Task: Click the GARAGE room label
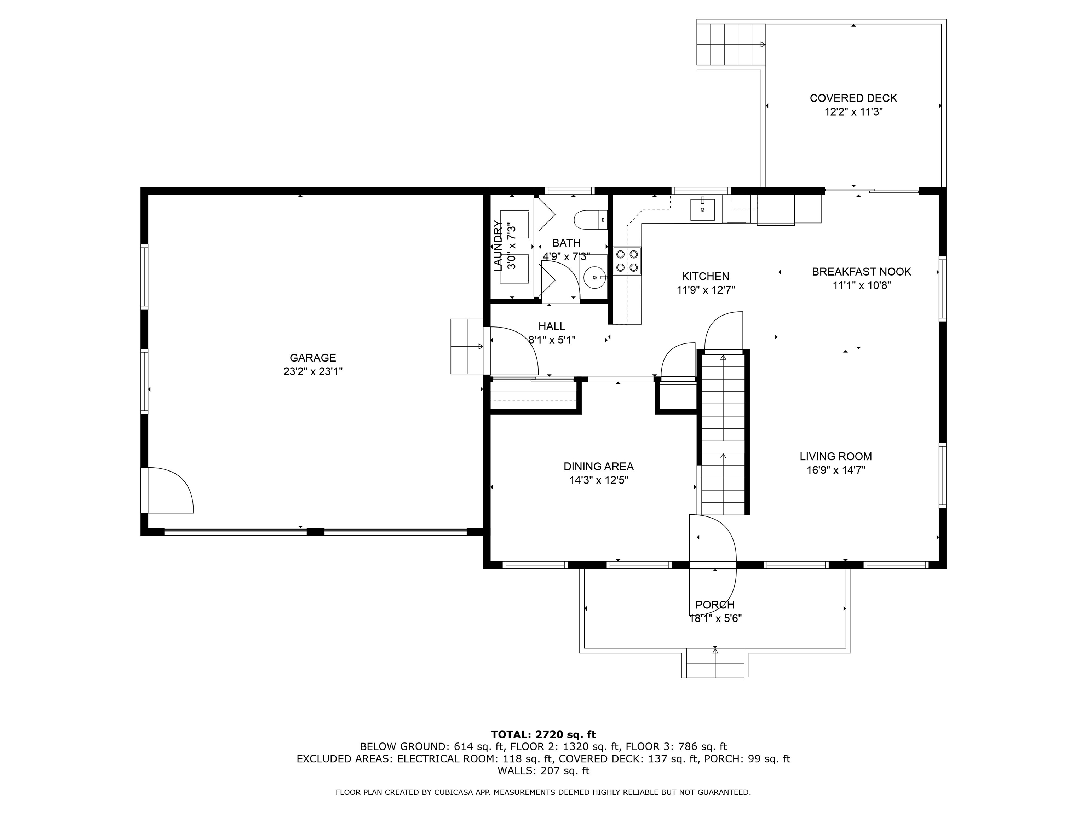coord(312,358)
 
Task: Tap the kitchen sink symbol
coord(702,209)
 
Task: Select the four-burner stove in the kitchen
coord(627,261)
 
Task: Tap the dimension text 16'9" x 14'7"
coord(835,470)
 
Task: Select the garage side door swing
coord(168,490)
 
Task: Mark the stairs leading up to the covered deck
coord(731,44)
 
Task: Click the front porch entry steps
coord(715,663)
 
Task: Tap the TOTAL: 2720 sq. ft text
coord(543,734)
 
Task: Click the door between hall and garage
coord(511,350)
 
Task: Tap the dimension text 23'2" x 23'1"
coord(312,371)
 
